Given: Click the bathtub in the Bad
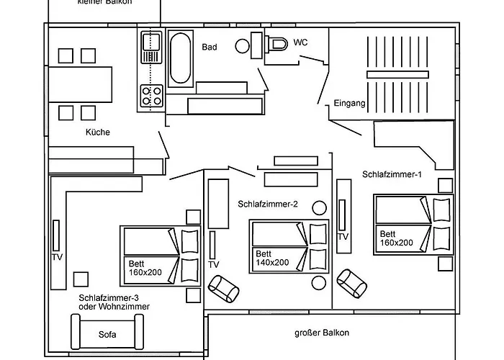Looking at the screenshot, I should pyautogui.click(x=180, y=57).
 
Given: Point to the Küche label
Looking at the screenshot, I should pyautogui.click(x=97, y=132).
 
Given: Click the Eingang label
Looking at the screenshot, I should pyautogui.click(x=350, y=104).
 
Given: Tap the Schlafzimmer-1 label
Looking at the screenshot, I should pyautogui.click(x=392, y=174).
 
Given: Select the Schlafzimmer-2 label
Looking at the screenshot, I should pyautogui.click(x=268, y=204).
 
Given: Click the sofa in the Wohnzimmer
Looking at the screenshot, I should pyautogui.click(x=107, y=334).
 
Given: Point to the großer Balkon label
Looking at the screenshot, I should pyautogui.click(x=322, y=333).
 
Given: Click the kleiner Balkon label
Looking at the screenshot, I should pyautogui.click(x=104, y=3).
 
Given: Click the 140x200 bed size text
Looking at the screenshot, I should pyautogui.click(x=272, y=262).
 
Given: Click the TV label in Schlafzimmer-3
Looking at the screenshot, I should pyautogui.click(x=58, y=257).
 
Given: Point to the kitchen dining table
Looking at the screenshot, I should pyautogui.click(x=81, y=84).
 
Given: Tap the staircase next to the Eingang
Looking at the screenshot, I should pyautogui.click(x=397, y=74).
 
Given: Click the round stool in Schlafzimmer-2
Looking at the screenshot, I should pyautogui.click(x=318, y=207).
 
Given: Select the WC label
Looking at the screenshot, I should pyautogui.click(x=300, y=42).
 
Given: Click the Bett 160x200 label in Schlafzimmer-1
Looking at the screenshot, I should pyautogui.click(x=397, y=238).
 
